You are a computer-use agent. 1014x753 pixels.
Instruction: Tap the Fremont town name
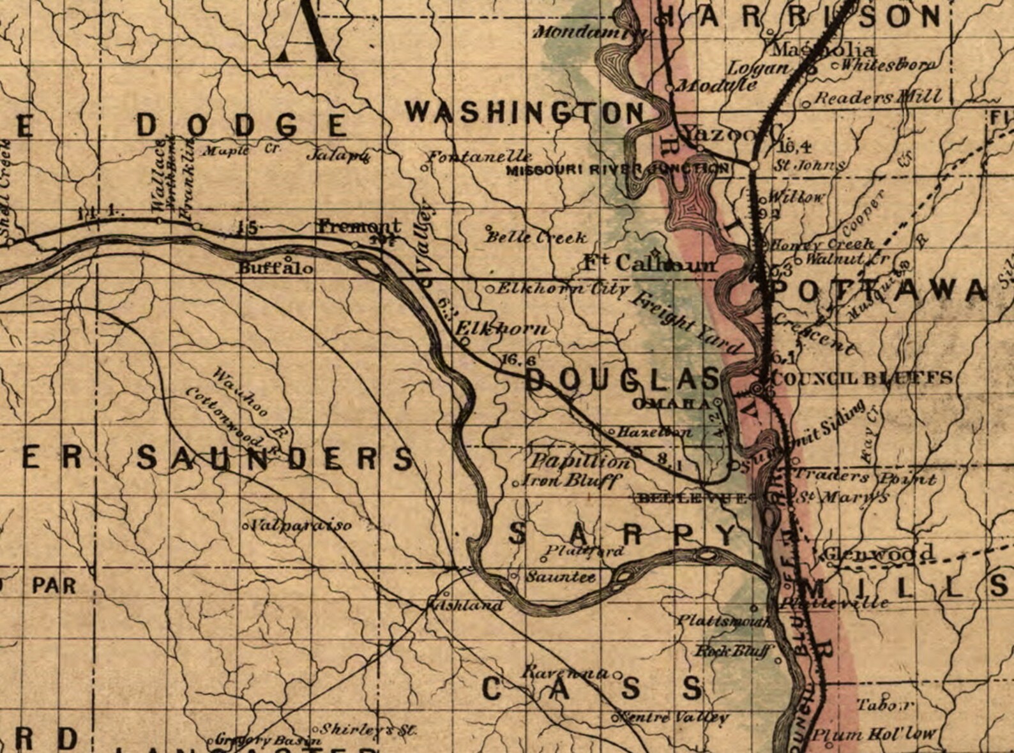click(x=359, y=226)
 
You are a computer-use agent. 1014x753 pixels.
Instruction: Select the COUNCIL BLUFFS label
click(x=862, y=378)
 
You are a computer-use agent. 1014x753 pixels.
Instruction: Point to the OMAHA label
click(x=670, y=403)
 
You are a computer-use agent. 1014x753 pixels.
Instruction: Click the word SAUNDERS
click(x=275, y=458)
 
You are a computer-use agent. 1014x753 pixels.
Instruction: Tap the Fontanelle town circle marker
click(x=423, y=167)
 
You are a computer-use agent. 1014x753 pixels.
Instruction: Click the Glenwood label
click(x=878, y=553)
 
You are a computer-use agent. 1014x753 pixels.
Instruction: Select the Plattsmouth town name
click(x=723, y=620)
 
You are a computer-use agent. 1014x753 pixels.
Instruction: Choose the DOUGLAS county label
click(x=623, y=380)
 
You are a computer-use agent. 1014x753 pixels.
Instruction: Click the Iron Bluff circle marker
click(x=517, y=484)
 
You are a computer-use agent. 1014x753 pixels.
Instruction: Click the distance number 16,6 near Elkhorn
click(x=518, y=360)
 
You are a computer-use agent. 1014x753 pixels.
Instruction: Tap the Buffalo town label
click(x=276, y=268)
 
